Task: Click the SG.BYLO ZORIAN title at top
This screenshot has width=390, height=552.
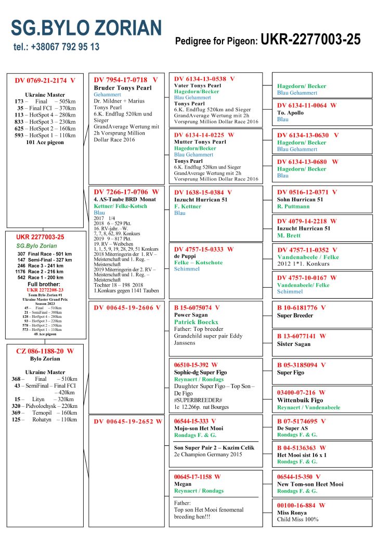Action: (86, 28)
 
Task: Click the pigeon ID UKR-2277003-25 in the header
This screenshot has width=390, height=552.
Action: (310, 40)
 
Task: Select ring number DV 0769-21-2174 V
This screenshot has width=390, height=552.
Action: (45, 81)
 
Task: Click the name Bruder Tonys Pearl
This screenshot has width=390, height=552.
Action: (122, 88)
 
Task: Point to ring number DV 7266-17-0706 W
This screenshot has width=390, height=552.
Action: (126, 192)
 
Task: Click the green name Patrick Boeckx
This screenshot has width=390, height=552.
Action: (196, 322)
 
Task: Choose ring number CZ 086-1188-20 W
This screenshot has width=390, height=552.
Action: (45, 351)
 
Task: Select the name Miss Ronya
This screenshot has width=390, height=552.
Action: (292, 512)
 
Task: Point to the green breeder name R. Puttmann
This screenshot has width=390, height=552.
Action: (293, 207)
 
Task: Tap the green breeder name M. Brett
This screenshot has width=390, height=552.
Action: (289, 236)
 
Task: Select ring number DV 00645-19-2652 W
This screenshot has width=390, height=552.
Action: (128, 421)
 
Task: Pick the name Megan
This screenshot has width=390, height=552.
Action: (183, 484)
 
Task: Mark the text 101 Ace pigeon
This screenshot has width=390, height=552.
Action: (45, 142)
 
